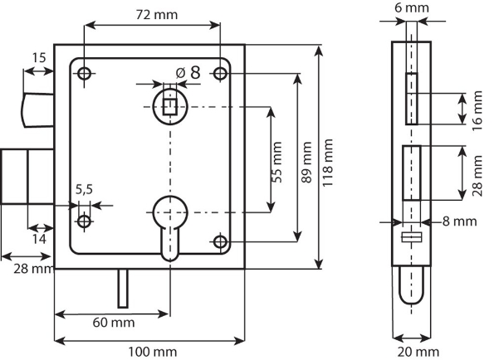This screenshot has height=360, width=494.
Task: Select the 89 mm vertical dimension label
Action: pyautogui.click(x=306, y=158)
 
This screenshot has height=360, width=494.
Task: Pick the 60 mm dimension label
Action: pyautogui.click(x=111, y=323)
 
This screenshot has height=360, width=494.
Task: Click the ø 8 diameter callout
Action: pyautogui.click(x=188, y=72)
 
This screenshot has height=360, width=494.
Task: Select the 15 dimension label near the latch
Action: pyautogui.click(x=37, y=59)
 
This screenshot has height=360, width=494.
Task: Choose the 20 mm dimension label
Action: pyautogui.click(x=413, y=352)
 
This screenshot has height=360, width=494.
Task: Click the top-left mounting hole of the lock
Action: pyautogui.click(x=84, y=74)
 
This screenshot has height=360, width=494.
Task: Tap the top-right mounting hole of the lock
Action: pyautogui.click(x=220, y=74)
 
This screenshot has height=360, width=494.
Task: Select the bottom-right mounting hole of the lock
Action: pyautogui.click(x=220, y=241)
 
